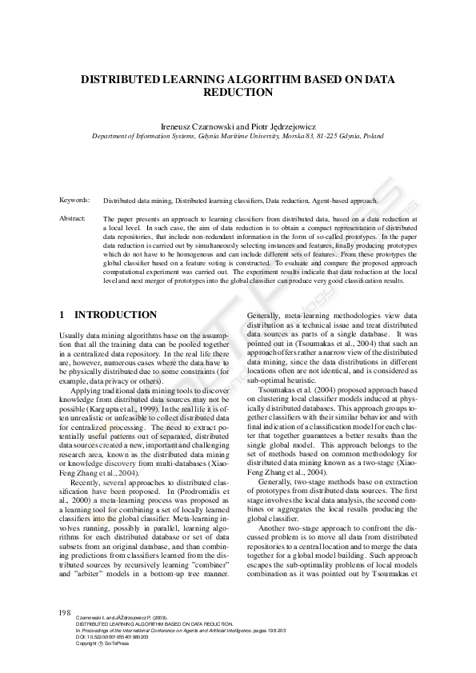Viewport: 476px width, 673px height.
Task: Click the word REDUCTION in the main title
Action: click(238, 92)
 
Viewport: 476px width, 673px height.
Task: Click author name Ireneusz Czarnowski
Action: click(193, 126)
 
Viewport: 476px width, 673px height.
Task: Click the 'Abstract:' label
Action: click(73, 217)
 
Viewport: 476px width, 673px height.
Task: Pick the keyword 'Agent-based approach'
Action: click(327, 200)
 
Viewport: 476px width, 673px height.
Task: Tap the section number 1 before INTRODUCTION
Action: click(63, 316)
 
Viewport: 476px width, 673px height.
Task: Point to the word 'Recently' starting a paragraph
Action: click(86, 484)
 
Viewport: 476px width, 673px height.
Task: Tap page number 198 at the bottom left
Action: click(65, 611)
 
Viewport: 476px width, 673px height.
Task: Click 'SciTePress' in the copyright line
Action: click(115, 643)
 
